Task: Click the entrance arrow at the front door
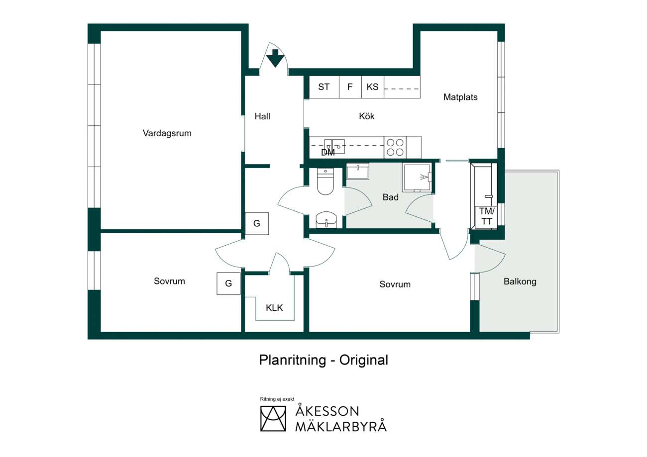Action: coord(275,58)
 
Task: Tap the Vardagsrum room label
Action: coord(167,133)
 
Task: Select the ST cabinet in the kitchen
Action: coord(324,87)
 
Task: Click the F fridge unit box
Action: coord(350,87)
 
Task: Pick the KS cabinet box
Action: coord(373,87)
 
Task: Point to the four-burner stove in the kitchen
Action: coord(395,147)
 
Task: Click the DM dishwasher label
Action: coord(328,152)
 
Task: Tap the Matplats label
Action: coord(460,97)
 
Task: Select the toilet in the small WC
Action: coord(325,182)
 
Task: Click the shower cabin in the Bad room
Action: coord(418,178)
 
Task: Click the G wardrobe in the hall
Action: coord(257,223)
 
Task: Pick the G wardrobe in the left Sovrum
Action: coord(228,283)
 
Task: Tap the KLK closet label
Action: coord(274,308)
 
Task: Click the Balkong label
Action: coord(520,281)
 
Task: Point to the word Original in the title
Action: coord(364,360)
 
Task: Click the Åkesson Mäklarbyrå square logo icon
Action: coord(273,419)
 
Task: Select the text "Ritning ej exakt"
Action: coord(277,399)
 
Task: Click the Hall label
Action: coord(262,116)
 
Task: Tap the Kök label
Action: coord(366,116)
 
